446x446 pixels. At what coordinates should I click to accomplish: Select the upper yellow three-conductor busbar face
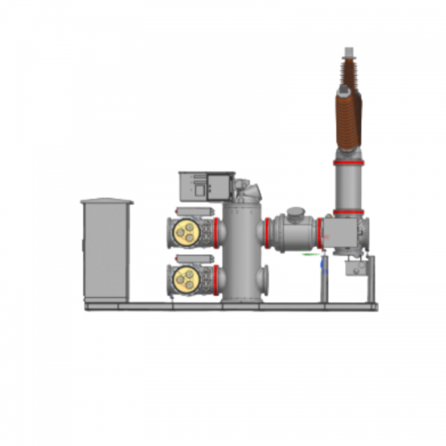point(186,232)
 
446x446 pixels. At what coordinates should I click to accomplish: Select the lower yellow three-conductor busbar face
point(186,277)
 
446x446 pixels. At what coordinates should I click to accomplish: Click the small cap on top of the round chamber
point(294,212)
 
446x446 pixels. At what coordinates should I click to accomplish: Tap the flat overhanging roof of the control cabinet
point(106,202)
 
